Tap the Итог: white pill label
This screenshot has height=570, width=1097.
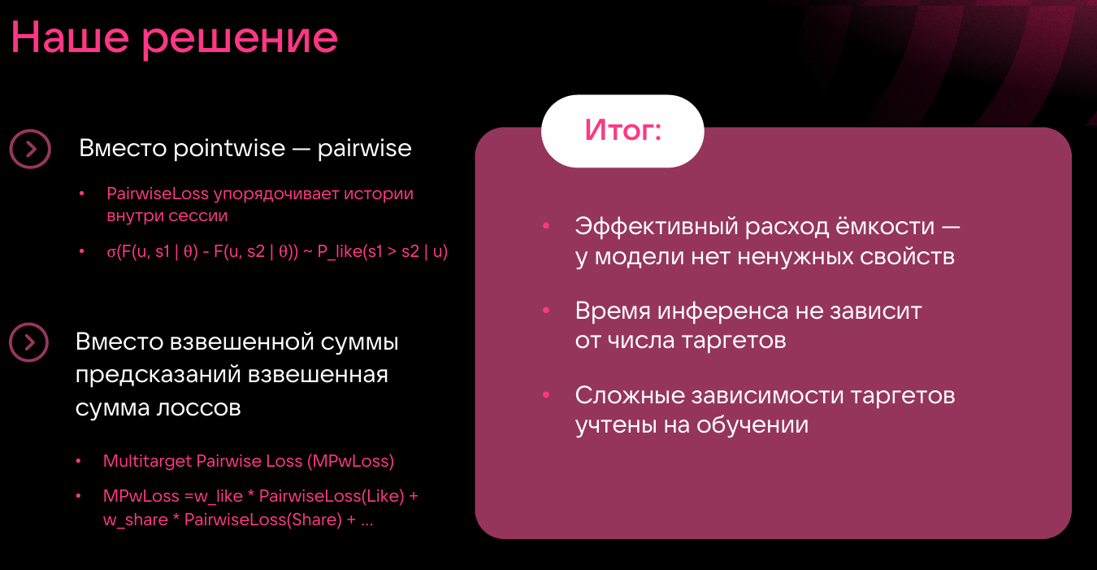622,131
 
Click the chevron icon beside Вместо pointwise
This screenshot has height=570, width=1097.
30,149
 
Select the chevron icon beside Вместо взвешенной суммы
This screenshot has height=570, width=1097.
30,342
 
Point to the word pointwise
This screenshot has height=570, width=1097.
228,149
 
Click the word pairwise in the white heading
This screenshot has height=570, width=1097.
364,149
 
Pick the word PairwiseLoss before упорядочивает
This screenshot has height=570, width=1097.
158,194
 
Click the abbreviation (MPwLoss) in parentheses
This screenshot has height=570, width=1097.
350,461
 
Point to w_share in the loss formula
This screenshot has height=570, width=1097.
135,520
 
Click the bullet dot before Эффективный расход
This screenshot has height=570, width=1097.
546,224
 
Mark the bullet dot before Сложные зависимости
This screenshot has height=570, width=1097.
546,395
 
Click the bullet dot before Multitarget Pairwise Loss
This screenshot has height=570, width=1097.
79,461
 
